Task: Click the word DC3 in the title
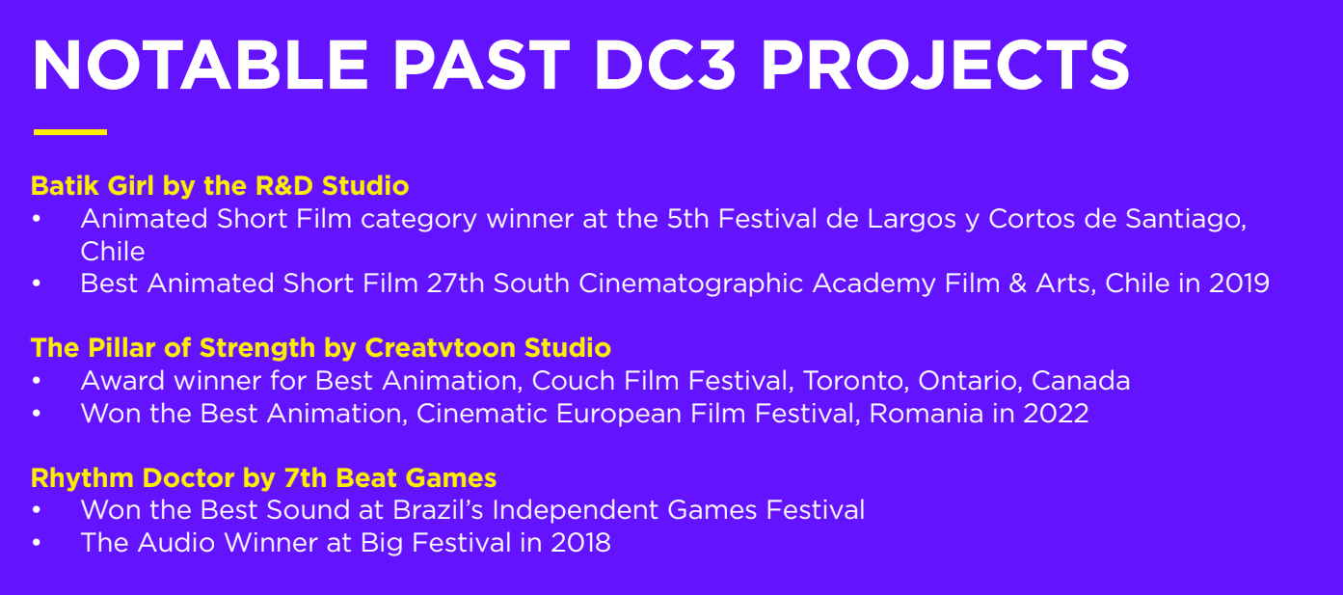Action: pos(664,65)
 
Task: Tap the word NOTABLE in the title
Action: pos(200,65)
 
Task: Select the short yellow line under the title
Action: pos(70,132)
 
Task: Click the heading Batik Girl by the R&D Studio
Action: pos(220,186)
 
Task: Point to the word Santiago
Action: pos(1185,220)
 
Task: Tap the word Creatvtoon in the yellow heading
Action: pos(440,348)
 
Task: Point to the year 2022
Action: pos(1056,414)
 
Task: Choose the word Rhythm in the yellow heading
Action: pos(82,478)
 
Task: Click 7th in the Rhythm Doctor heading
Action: pos(306,478)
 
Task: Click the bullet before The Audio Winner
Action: pos(37,543)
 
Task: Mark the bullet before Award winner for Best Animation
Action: pos(37,381)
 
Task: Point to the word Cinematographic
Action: pos(690,284)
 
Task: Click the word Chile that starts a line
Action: pos(113,252)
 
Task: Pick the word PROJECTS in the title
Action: pos(945,65)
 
